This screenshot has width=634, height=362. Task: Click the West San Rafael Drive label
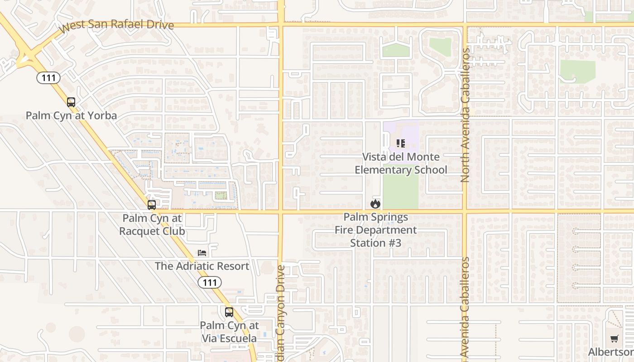pos(117,25)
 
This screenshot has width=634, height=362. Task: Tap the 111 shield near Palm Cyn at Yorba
pos(48,78)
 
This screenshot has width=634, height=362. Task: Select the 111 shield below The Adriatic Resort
pos(210,283)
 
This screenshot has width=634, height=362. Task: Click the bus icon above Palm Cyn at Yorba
pos(71,102)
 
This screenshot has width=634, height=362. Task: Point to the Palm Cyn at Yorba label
pos(71,115)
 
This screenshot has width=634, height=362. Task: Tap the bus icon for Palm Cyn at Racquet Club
pos(152,205)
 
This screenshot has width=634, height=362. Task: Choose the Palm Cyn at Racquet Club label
pos(152,224)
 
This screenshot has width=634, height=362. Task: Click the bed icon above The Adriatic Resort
pos(202,253)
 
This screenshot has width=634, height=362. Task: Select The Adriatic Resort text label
pos(202,266)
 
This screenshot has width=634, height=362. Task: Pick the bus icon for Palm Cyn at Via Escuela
pos(229,312)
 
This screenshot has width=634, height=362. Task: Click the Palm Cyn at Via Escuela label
pos(229,332)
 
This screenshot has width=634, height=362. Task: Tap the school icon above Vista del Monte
pos(401,143)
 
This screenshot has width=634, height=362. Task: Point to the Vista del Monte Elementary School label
pos(401,163)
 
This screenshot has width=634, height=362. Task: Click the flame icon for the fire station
pos(375,204)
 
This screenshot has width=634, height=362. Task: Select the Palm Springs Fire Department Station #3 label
pos(375,230)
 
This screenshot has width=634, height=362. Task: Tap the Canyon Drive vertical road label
pos(280,312)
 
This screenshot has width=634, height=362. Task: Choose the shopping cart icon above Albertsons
pos(615,339)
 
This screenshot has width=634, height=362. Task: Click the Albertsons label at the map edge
pos(611,352)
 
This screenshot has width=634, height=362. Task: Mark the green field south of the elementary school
pos(400,192)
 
